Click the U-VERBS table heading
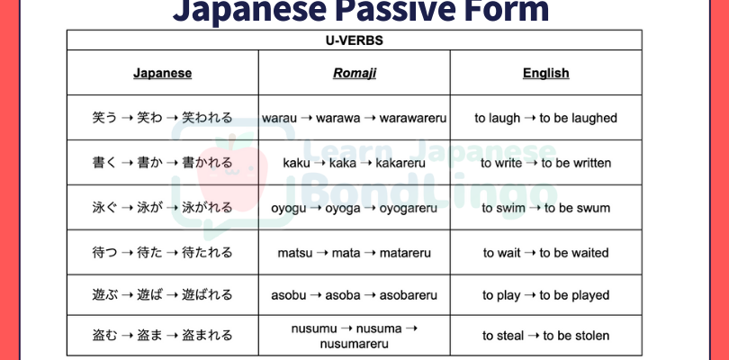pos(355,40)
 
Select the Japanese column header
pos(162,73)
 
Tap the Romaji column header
pos(355,74)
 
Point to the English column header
pos(545,73)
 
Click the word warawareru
pos(413,118)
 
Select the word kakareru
pos(400,163)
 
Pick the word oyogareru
pos(409,208)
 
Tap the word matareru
pos(405,253)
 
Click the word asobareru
pos(409,295)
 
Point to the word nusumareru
pos(354,344)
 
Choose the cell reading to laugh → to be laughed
pos(545,118)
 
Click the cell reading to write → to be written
pos(545,163)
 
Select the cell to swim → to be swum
pos(545,208)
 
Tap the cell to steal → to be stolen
pos(545,336)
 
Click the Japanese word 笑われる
pos(207,118)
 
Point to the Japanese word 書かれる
pos(207,163)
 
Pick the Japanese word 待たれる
pos(207,253)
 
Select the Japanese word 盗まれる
pos(207,336)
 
